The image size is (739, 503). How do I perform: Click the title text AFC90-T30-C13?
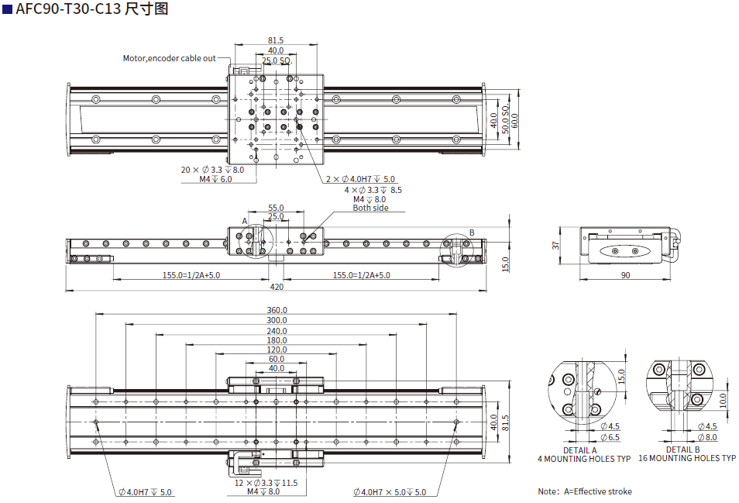67,9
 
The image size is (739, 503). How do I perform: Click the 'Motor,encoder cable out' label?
170,58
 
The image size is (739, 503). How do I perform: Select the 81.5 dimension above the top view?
276,40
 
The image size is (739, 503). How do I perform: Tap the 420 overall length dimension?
276,287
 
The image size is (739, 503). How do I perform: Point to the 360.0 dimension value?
277,310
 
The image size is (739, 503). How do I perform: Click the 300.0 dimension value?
277,320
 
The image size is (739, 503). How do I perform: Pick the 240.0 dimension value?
277,330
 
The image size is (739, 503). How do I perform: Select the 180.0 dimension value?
277,340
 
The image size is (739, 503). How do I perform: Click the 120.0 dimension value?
277,350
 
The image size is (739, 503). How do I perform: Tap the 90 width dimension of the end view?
625,275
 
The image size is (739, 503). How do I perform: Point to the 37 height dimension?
555,245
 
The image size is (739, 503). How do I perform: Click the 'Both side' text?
370,208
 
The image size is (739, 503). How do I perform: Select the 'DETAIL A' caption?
580,450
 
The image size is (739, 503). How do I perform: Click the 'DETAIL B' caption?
682,450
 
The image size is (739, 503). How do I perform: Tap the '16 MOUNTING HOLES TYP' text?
687,459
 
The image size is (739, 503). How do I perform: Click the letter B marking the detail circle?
472,233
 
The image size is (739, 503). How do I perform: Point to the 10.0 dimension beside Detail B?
723,399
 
